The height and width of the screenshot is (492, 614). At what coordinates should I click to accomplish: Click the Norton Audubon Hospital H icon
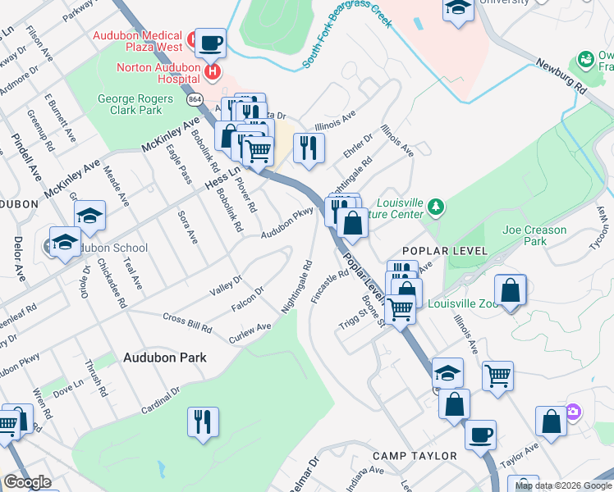pyautogui.click(x=213, y=72)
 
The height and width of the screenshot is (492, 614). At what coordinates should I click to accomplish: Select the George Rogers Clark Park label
pyautogui.click(x=130, y=104)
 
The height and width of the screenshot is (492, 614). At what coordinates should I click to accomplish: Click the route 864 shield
pyautogui.click(x=195, y=98)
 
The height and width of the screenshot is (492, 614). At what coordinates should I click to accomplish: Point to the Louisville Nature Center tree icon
pyautogui.click(x=437, y=206)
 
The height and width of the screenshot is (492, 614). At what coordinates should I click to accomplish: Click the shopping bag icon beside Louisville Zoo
pyautogui.click(x=511, y=290)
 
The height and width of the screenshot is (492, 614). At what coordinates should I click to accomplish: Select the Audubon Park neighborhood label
pyautogui.click(x=165, y=358)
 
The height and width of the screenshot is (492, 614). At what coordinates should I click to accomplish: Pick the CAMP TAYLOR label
pyautogui.click(x=414, y=455)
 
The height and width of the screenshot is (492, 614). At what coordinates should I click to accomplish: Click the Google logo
pyautogui.click(x=27, y=482)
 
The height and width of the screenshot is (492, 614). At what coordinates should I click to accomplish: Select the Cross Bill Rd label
pyautogui.click(x=188, y=322)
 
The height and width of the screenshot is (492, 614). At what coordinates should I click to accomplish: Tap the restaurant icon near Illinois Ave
pyautogui.click(x=309, y=148)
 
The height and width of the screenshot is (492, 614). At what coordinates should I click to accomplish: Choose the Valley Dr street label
pyautogui.click(x=226, y=285)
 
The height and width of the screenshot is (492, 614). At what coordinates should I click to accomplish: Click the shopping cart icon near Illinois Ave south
pyautogui.click(x=497, y=376)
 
